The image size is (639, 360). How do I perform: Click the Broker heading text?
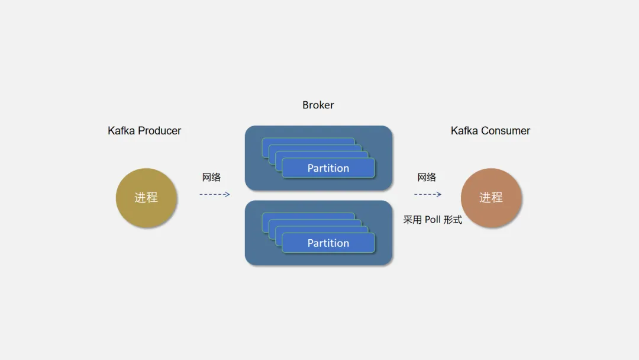tap(318, 105)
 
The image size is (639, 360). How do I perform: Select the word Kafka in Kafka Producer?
tap(121, 131)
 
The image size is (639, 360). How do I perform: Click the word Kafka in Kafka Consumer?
tap(464, 131)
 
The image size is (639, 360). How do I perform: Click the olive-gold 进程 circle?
tap(146, 197)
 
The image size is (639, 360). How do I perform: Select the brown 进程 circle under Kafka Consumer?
tap(491, 198)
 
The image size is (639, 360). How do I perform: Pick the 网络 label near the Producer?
tap(211, 177)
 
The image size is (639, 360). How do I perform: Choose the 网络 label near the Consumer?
tap(427, 177)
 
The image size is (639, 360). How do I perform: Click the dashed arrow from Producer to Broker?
tap(214, 194)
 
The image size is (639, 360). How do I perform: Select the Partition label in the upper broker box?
tap(328, 168)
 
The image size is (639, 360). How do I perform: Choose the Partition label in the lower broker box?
tap(328, 243)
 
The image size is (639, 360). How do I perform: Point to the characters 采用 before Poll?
tap(413, 220)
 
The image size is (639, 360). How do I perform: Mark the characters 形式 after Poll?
tap(453, 220)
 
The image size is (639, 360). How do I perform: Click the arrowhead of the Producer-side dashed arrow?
tap(227, 194)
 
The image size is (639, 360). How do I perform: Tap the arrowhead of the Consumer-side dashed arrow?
tap(438, 194)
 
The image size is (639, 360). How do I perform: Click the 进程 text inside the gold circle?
tap(146, 197)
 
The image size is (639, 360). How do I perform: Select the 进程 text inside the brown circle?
tap(491, 198)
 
